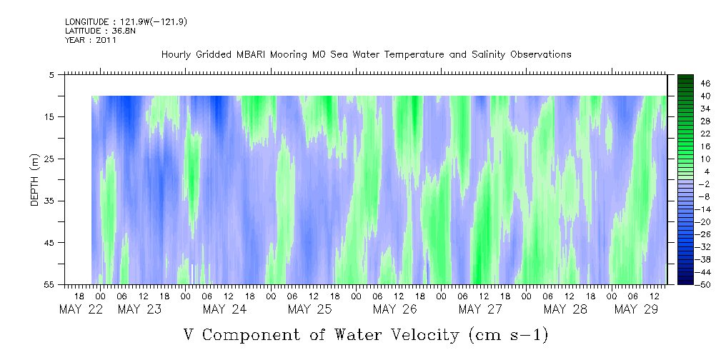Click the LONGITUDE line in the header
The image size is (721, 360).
(126, 21)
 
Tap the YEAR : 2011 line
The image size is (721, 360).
(91, 40)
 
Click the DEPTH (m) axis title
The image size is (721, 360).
(35, 179)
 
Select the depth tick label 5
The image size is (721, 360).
(51, 74)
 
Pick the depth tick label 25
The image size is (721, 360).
(49, 159)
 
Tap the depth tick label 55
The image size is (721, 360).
(49, 284)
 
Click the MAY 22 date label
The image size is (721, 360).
(81, 309)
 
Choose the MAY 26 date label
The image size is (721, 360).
(395, 309)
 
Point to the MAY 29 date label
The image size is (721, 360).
(637, 309)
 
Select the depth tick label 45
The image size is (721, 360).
(49, 242)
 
